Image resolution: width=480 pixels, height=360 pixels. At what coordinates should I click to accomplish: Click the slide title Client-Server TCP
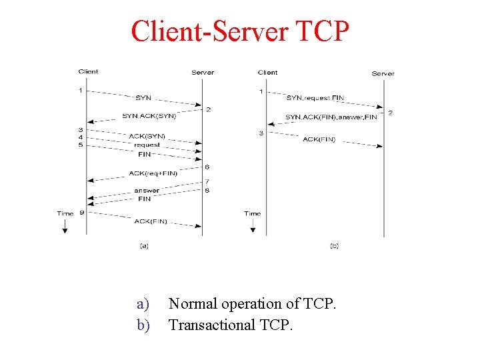240,31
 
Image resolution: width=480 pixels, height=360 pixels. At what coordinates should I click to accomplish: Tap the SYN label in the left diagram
143,98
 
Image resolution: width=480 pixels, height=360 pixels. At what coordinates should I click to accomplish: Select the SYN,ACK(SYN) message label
149,116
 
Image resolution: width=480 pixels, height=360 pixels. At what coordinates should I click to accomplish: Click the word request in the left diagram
147,145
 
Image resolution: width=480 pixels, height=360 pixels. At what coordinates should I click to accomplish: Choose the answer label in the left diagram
147,191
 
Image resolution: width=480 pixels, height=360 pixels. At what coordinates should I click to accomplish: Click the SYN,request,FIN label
315,98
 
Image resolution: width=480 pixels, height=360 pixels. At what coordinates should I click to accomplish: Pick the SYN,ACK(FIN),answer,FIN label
331,117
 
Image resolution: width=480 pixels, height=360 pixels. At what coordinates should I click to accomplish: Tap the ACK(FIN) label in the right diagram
319,139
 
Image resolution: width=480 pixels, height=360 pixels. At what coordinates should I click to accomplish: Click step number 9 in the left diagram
81,213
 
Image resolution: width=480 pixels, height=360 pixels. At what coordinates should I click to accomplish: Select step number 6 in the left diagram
207,167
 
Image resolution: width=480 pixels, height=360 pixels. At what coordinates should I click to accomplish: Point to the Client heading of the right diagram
267,73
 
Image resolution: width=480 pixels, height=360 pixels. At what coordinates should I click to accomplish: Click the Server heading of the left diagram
203,73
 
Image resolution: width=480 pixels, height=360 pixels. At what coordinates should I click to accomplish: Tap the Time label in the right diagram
252,214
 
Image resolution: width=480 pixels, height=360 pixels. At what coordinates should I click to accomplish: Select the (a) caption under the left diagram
143,246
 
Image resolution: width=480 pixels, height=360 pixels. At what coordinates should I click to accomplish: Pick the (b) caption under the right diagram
334,246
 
